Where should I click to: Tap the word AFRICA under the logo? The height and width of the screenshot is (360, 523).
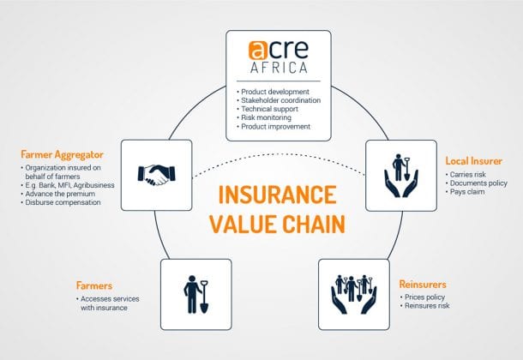click(x=279, y=68)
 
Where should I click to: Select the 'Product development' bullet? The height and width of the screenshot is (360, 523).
click(x=273, y=92)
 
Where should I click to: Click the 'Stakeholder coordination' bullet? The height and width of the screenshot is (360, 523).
click(x=279, y=100)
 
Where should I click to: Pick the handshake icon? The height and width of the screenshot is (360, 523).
click(x=156, y=175)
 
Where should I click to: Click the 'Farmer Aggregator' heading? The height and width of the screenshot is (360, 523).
click(x=62, y=154)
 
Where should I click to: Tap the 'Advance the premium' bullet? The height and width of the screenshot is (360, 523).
click(x=57, y=194)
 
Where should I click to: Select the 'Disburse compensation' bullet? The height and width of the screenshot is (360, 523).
click(x=60, y=202)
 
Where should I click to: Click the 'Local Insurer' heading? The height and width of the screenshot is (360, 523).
click(x=473, y=161)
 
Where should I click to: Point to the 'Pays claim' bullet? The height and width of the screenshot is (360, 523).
click(x=465, y=192)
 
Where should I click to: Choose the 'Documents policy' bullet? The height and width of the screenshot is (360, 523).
click(x=477, y=183)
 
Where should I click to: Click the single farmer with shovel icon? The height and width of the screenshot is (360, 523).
click(x=196, y=295)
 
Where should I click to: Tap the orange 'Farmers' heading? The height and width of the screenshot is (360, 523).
click(x=94, y=285)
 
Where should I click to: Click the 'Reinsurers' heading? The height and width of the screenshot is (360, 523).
click(x=423, y=285)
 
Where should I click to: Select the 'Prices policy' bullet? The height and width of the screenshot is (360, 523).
click(x=423, y=297)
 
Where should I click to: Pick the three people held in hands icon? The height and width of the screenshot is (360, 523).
click(x=354, y=294)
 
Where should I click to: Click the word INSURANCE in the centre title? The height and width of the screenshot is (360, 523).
click(x=277, y=195)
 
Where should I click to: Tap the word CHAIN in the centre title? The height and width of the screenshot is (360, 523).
click(x=314, y=224)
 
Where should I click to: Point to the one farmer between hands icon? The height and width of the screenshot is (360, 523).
click(x=401, y=176)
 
